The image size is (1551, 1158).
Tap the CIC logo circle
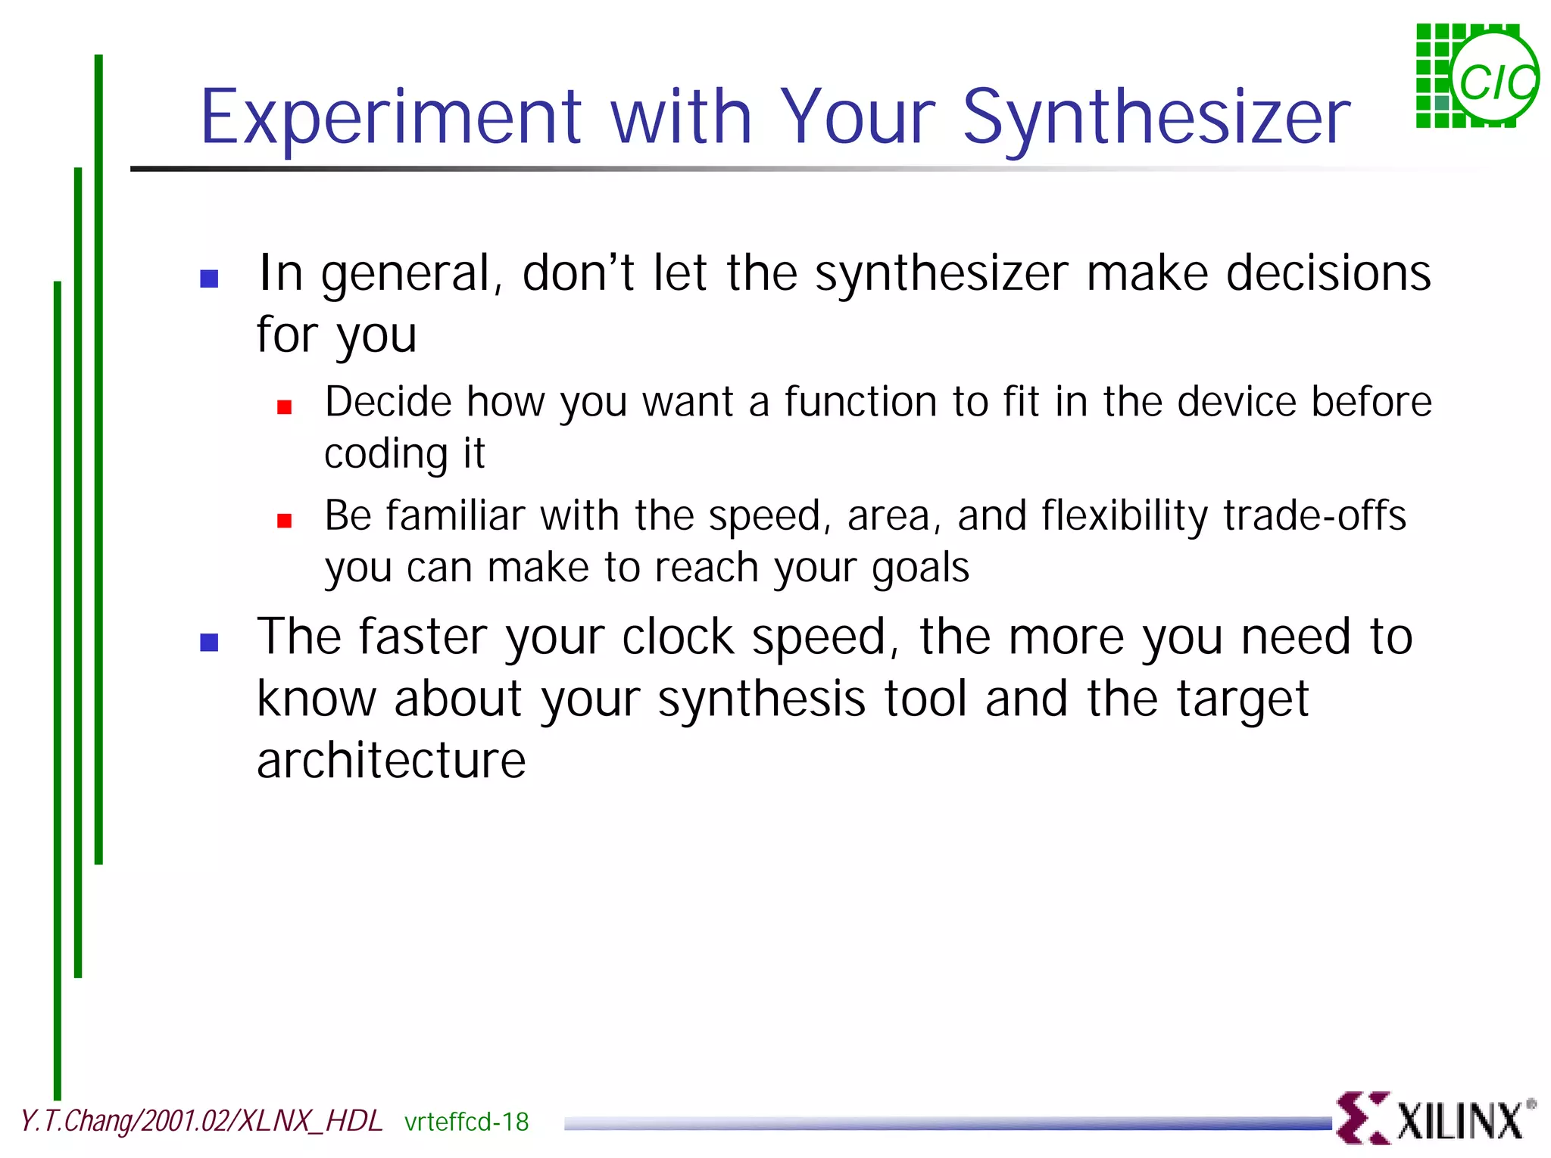pyautogui.click(x=1495, y=79)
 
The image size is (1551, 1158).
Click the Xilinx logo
pyautogui.click(x=1434, y=1117)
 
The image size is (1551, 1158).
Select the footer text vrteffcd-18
pyautogui.click(x=467, y=1122)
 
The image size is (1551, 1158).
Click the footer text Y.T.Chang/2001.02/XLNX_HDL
pyautogui.click(x=201, y=1121)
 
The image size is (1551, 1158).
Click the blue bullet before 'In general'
pyautogui.click(x=209, y=279)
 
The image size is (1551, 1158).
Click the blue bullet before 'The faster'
pyautogui.click(x=209, y=642)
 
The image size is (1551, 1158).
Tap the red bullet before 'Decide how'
pyautogui.click(x=285, y=407)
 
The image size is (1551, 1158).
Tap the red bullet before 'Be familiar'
pyautogui.click(x=285, y=521)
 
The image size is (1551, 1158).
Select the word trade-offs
pyautogui.click(x=1315, y=515)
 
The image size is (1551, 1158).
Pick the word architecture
pyautogui.click(x=391, y=761)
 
